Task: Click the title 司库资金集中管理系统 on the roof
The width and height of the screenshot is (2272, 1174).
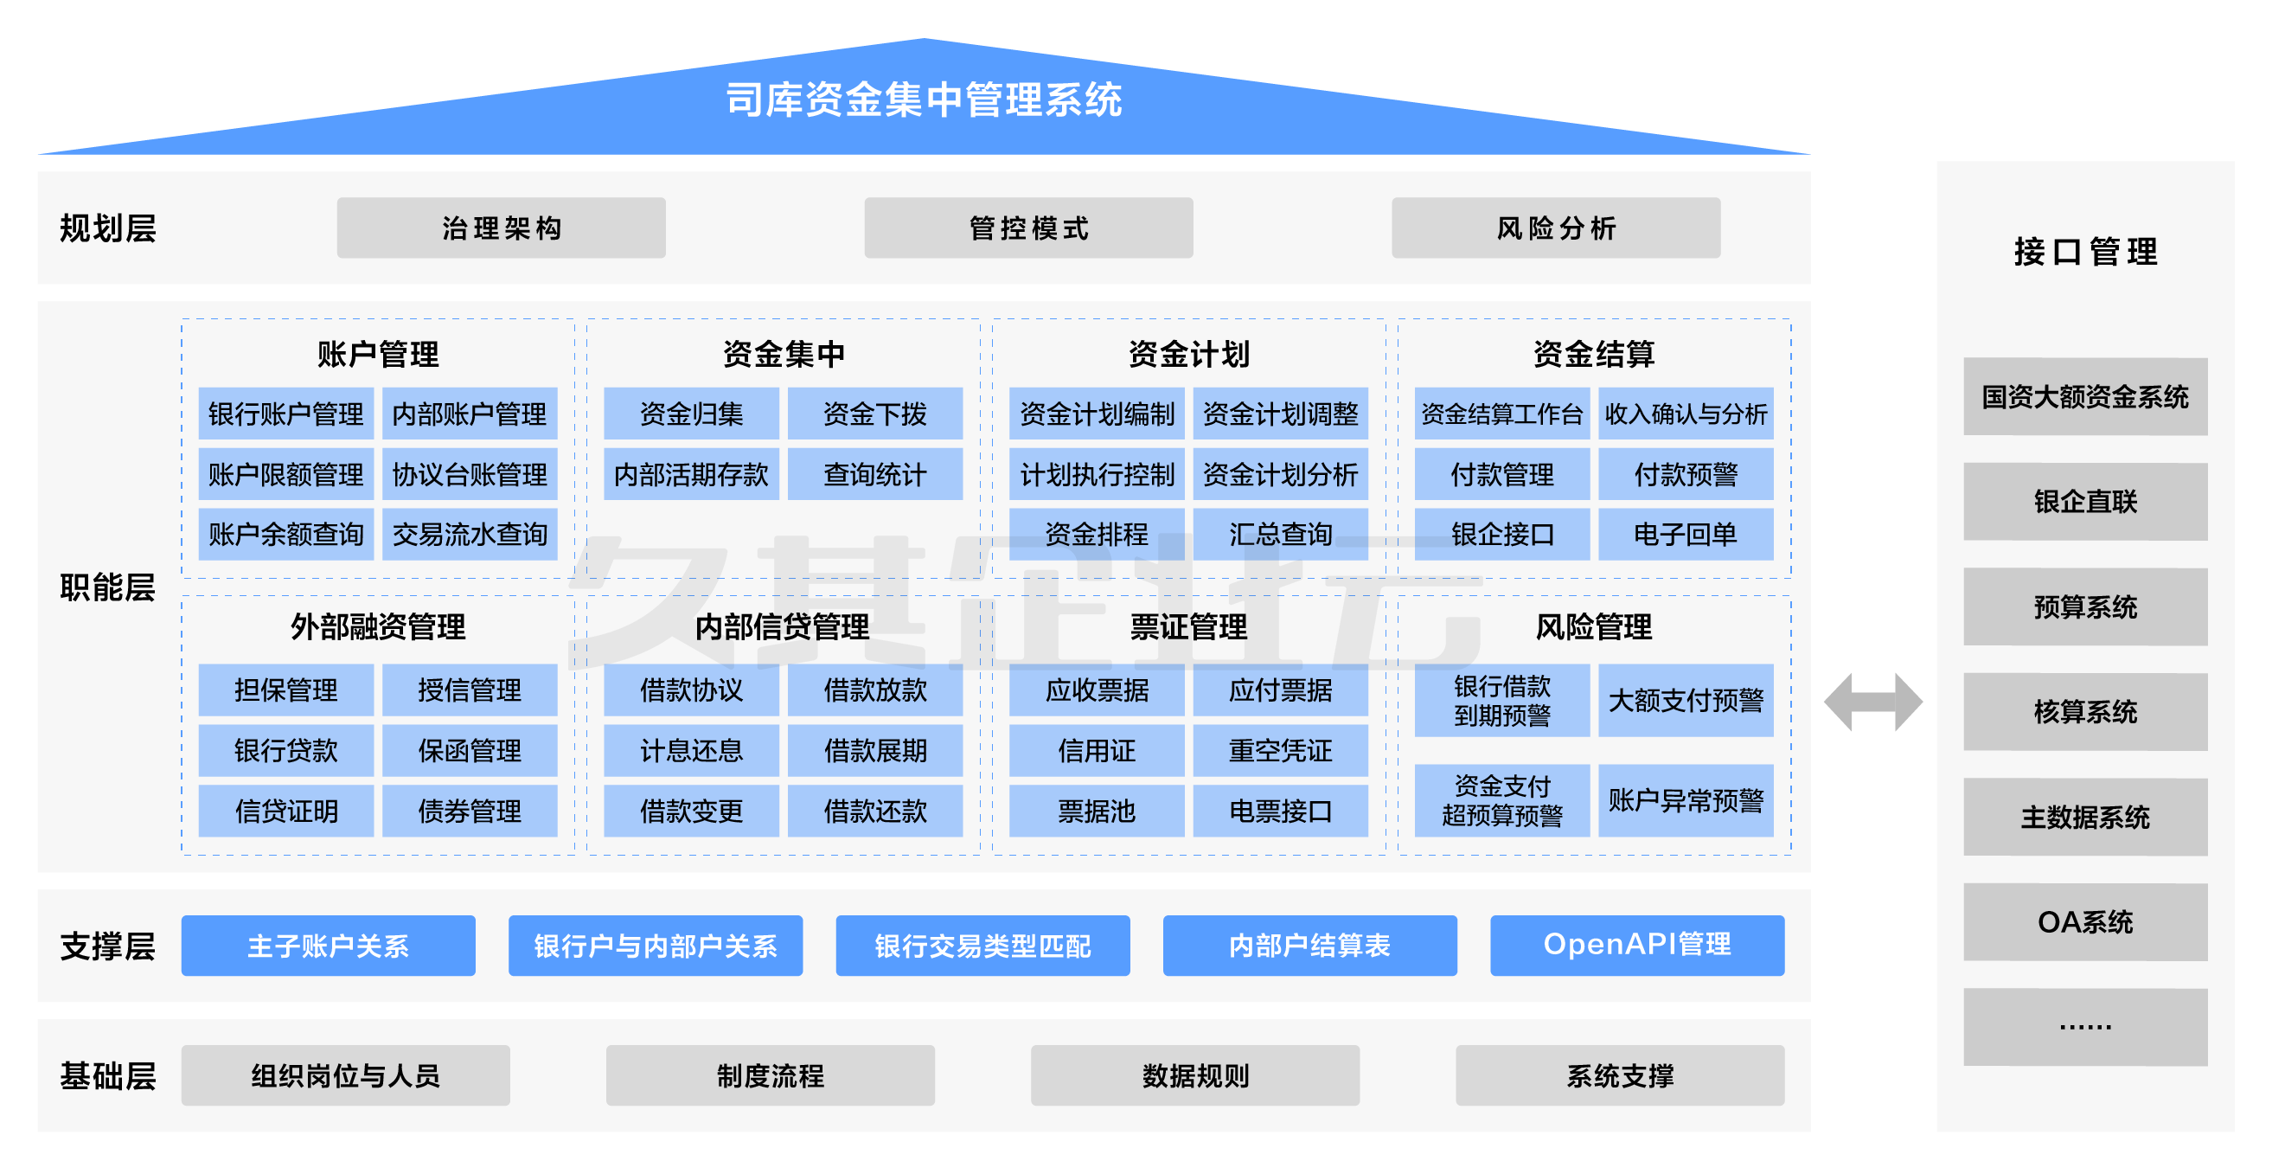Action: [x=924, y=99]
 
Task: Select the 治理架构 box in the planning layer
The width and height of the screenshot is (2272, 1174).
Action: [x=501, y=228]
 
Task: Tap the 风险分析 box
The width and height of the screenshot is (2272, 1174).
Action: [x=1556, y=228]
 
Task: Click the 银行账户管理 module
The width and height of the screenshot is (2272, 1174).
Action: [x=285, y=414]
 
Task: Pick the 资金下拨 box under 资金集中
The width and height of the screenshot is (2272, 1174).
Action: [x=874, y=414]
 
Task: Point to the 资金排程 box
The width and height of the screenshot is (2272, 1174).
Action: [x=1097, y=534]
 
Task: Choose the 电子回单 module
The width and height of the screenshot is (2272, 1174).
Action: [x=1685, y=534]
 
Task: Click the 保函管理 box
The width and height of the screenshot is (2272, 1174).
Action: [x=470, y=751]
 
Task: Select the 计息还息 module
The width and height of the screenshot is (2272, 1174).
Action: [x=692, y=751]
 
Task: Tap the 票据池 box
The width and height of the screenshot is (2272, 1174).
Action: [x=1097, y=811]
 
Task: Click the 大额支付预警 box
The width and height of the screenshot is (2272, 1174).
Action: [x=1685, y=701]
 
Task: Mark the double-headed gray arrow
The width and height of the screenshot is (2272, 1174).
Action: [x=1872, y=702]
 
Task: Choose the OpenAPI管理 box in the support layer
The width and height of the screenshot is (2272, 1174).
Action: [x=1637, y=946]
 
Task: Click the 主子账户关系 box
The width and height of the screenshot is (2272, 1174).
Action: [x=328, y=946]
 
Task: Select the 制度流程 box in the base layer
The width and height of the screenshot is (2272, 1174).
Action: [x=770, y=1075]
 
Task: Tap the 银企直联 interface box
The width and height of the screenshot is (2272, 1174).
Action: [x=2085, y=501]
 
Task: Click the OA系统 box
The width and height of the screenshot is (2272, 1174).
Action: [x=2085, y=921]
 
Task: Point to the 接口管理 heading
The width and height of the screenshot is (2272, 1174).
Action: [x=2085, y=253]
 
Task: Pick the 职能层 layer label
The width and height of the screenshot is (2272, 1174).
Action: [x=107, y=587]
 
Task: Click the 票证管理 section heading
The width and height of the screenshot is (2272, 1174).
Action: [x=1188, y=627]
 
